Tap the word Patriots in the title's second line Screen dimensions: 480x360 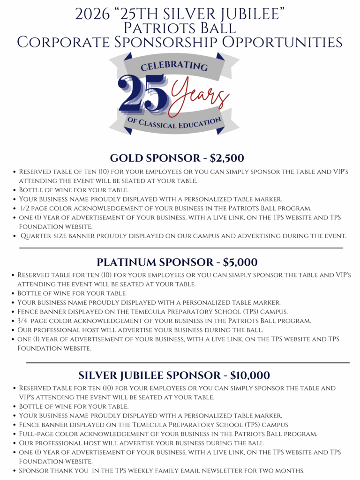(x=154, y=28)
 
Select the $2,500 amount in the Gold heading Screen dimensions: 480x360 (x=227, y=158)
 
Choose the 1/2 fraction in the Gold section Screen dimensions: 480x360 (x=25, y=208)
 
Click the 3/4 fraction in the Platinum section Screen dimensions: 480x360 (x=24, y=321)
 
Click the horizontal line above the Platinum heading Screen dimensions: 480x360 (x=181, y=247)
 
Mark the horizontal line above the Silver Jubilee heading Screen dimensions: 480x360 (x=187, y=363)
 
